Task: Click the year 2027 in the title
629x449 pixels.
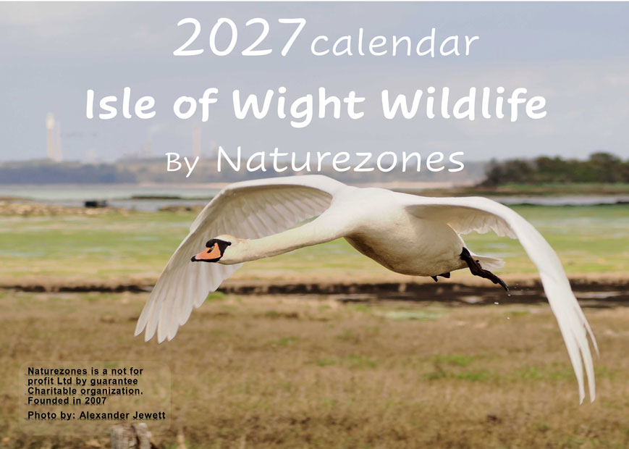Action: point(240,37)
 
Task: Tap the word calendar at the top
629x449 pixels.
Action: point(394,43)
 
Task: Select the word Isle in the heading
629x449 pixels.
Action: point(121,104)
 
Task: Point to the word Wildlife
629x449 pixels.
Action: point(463,104)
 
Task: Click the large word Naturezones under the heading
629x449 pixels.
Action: point(340,160)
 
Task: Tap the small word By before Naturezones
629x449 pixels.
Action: point(182,164)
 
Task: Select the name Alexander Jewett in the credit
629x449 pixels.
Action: point(122,415)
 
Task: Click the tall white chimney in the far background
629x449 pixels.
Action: point(50,136)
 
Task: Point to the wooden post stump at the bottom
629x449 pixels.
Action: point(130,437)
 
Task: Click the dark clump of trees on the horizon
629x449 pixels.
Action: point(556,169)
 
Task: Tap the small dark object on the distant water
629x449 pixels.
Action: point(96,203)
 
